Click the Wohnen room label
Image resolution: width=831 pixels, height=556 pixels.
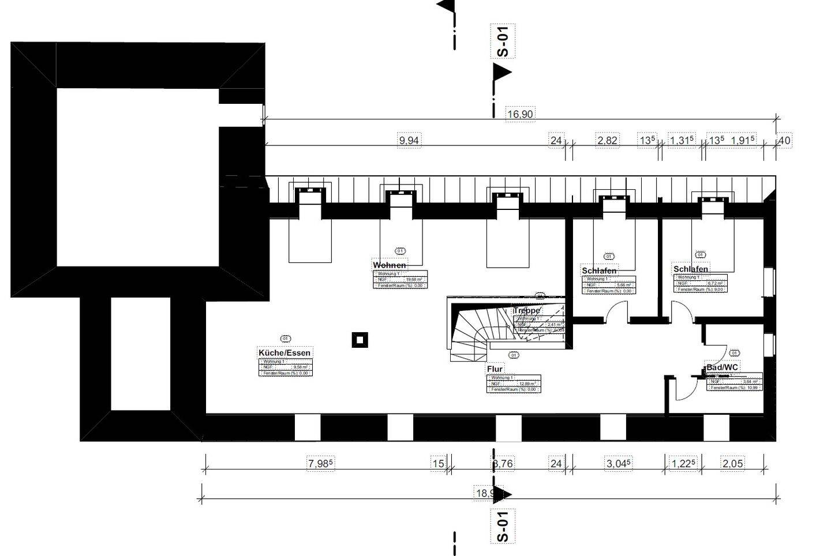(390, 265)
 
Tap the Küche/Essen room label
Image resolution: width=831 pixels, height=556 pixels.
(285, 353)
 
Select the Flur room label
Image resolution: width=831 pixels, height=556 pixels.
(495, 369)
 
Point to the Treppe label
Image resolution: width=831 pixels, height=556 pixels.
(526, 311)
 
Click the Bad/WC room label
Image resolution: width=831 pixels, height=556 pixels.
(722, 367)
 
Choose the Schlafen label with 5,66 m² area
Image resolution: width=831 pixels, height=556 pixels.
(599, 271)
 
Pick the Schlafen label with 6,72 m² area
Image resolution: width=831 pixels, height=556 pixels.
(691, 269)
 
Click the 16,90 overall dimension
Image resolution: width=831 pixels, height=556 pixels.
(519, 114)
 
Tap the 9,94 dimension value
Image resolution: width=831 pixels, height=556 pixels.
(409, 140)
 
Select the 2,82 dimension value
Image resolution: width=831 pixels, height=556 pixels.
(607, 140)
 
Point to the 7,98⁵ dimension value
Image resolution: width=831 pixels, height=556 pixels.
(321, 463)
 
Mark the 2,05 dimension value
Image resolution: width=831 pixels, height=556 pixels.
(732, 463)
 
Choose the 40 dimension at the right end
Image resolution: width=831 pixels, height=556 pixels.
(784, 140)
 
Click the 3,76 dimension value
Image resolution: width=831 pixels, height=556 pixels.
(503, 463)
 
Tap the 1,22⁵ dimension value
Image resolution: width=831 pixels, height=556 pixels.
(684, 463)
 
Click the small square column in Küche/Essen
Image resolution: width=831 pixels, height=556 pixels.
(360, 340)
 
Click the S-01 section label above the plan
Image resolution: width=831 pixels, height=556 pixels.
(502, 42)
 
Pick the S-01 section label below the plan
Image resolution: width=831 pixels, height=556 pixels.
(502, 526)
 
